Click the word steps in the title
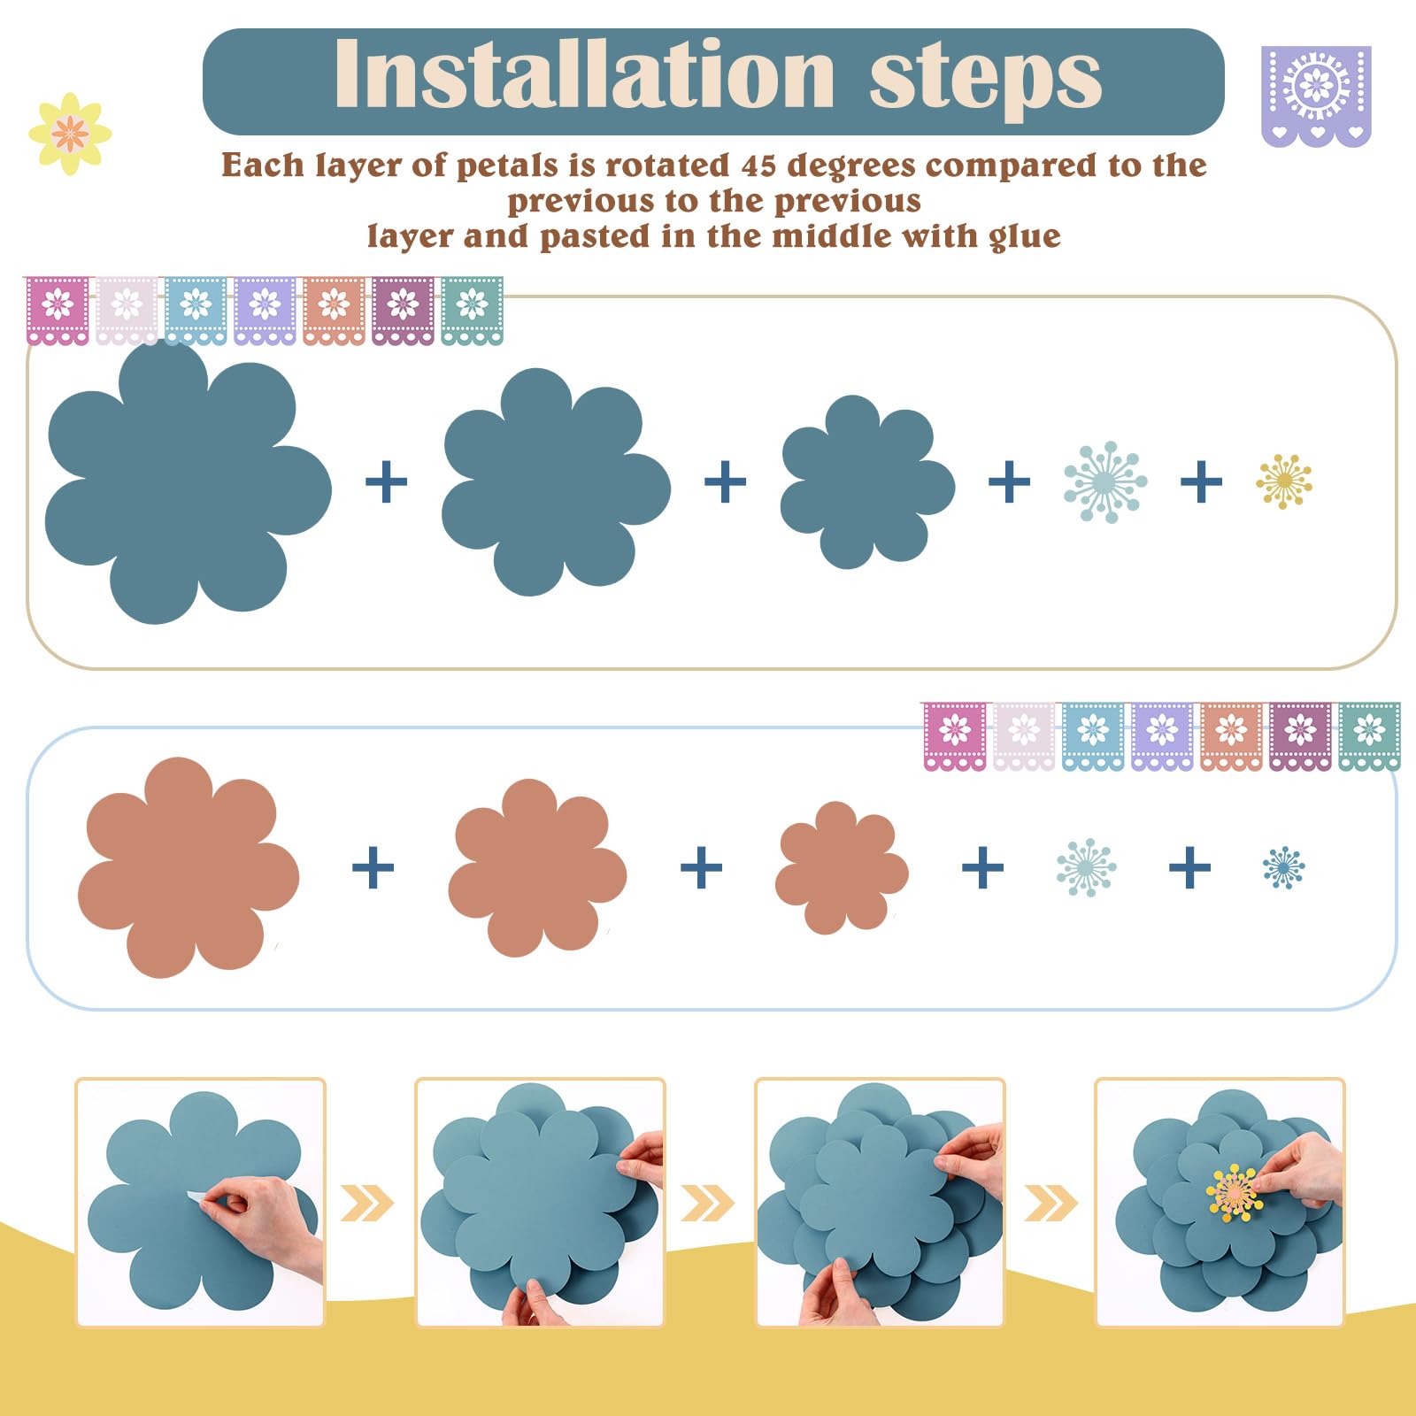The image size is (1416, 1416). pyautogui.click(x=986, y=80)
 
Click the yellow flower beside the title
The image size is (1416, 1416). pyautogui.click(x=70, y=134)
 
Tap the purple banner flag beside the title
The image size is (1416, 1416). pyautogui.click(x=1316, y=96)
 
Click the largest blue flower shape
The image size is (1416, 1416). pyautogui.click(x=187, y=483)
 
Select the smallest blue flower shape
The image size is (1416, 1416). pyautogui.click(x=867, y=481)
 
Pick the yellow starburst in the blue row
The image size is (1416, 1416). pyautogui.click(x=1284, y=481)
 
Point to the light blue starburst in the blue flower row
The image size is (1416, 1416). pyautogui.click(x=1105, y=481)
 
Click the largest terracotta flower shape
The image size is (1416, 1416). pyautogui.click(x=188, y=867)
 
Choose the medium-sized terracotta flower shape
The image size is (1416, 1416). pyautogui.click(x=537, y=867)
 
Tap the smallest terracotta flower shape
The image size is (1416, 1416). pyautogui.click(x=842, y=867)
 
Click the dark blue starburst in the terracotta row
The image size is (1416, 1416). pyautogui.click(x=1284, y=867)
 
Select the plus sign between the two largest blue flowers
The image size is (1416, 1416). pyautogui.click(x=386, y=482)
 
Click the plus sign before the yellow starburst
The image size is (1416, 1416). pyautogui.click(x=1201, y=482)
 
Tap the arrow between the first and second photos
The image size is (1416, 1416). pyautogui.click(x=367, y=1203)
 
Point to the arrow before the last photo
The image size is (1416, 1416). pyautogui.click(x=1051, y=1203)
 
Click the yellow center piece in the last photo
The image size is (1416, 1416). pyautogui.click(x=1235, y=1193)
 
